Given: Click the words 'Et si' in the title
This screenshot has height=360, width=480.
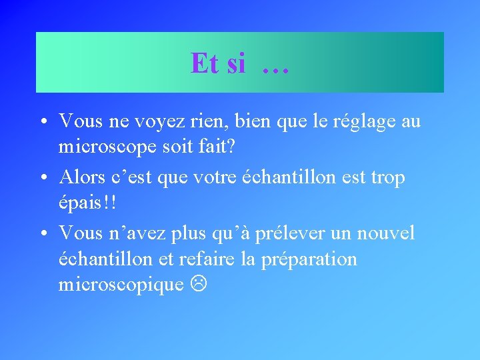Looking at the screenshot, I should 218,64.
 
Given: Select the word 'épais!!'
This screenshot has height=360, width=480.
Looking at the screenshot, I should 88,203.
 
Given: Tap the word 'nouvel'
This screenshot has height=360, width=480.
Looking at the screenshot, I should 385,234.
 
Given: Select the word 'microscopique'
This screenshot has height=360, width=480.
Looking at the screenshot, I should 121,285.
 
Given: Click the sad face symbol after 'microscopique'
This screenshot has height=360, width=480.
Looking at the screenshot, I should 198,285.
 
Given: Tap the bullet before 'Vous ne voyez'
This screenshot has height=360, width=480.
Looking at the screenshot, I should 42,123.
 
